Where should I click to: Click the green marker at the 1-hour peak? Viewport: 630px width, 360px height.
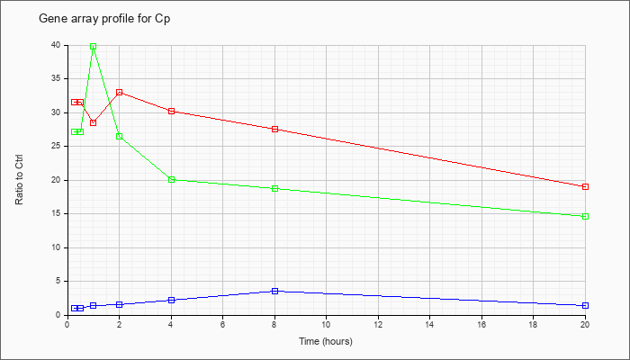[94, 46]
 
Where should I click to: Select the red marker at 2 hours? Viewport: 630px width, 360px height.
[120, 93]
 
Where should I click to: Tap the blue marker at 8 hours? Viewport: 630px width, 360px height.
[274, 291]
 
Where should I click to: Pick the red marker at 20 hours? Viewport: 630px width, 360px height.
[585, 186]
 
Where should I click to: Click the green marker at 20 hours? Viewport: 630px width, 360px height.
[585, 216]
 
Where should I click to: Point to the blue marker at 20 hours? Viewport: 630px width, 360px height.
[585, 305]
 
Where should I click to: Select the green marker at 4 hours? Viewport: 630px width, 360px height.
[171, 180]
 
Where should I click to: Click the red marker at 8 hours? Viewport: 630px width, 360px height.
[274, 129]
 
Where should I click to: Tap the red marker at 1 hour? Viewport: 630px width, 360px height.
[94, 122]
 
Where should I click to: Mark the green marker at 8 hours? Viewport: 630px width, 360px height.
[274, 188]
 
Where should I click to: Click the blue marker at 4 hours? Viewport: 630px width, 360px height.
[171, 300]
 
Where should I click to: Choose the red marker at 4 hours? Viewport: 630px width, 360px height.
[171, 111]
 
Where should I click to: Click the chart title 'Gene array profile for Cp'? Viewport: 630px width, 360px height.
[104, 19]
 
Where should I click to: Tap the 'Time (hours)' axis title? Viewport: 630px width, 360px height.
[326, 341]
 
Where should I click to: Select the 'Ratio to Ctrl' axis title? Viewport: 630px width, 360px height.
[19, 179]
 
